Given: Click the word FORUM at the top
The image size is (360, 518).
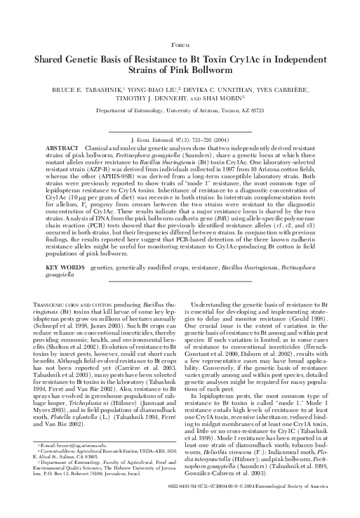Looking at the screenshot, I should point(180,44).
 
